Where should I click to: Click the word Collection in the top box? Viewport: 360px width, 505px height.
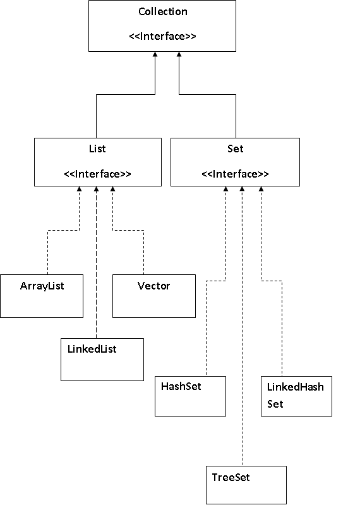pos(163,11)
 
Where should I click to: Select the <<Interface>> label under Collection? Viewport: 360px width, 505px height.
pos(162,36)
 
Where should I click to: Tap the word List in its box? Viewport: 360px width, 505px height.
pos(97,149)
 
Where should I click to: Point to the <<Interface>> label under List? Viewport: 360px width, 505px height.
pos(97,174)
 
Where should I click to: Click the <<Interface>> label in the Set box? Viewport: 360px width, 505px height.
pos(235,174)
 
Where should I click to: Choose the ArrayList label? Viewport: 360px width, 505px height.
pos(42,286)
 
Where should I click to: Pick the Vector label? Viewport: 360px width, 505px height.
pos(153,286)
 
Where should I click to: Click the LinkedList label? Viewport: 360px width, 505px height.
pos(92,349)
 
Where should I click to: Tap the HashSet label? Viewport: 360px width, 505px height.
pos(181,386)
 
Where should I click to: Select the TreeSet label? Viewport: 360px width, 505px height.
pos(231,477)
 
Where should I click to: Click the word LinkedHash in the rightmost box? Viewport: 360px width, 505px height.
pos(296,387)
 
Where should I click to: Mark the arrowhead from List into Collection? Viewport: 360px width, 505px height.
pos(155,54)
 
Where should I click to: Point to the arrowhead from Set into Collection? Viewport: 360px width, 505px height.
pos(179,54)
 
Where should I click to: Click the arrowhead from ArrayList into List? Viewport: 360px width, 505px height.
pos(79,189)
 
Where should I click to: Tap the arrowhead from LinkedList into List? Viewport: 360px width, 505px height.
pos(96,189)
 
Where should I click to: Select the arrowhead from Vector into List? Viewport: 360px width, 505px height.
pos(112,189)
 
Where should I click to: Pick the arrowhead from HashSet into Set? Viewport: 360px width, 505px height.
pos(226,189)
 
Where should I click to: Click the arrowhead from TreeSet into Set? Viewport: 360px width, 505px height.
pos(243,189)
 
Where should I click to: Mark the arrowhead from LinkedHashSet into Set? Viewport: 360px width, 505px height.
pos(261,189)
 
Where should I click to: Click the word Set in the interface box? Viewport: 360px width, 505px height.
pos(235,149)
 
